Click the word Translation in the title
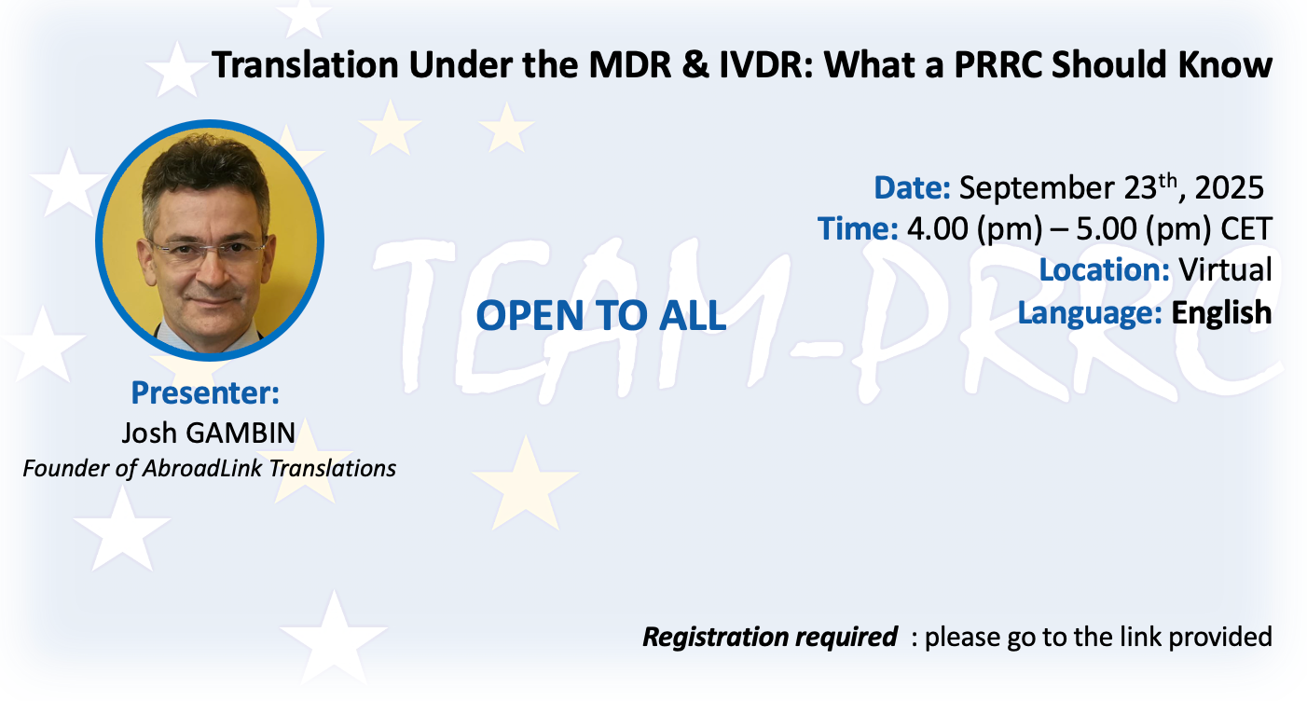[305, 64]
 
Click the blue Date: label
[912, 188]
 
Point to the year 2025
[1229, 188]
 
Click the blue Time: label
[858, 228]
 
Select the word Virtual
[1225, 269]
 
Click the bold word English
[1221, 313]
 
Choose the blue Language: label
[1090, 313]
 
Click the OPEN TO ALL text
[601, 316]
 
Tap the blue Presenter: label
[205, 392]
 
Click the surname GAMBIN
[241, 433]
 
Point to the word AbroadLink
[202, 468]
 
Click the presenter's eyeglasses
[208, 251]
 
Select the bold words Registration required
[770, 637]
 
